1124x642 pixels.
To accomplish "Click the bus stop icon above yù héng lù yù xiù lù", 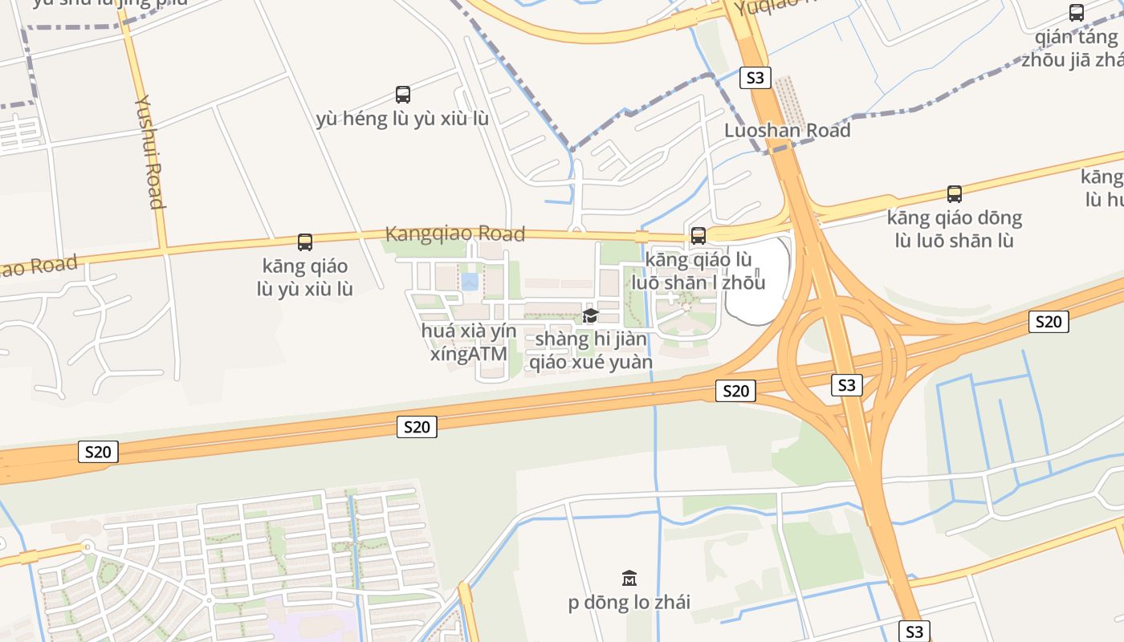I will click(x=403, y=95).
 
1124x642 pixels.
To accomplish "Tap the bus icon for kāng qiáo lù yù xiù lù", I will click(x=305, y=242).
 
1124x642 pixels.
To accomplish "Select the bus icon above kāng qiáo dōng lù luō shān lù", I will click(x=954, y=194).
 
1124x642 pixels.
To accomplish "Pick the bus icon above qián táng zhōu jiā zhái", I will click(x=1076, y=13).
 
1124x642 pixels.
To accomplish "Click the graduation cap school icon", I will click(x=590, y=315).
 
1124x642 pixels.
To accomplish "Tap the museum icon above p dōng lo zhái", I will click(x=629, y=578).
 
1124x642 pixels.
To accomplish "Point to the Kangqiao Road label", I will click(x=455, y=234).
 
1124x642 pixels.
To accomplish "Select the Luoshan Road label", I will click(x=787, y=130).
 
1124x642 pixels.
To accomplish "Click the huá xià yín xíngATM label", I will click(x=469, y=343).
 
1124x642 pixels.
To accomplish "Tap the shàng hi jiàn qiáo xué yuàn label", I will click(x=591, y=351).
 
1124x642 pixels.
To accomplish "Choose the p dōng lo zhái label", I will click(x=629, y=603).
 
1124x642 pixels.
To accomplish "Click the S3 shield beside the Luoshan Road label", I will click(x=755, y=78).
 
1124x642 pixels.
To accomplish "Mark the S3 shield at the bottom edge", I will click(x=914, y=631).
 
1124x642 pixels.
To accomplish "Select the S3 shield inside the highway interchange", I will click(x=846, y=385).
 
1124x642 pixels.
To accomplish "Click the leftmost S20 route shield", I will click(x=98, y=452).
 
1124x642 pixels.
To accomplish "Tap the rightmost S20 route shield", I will click(x=1048, y=322).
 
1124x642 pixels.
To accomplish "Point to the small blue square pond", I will click(x=470, y=282).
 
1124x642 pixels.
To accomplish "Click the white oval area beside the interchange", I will click(x=756, y=281).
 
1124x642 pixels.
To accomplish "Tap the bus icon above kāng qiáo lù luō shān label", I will click(x=698, y=236).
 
